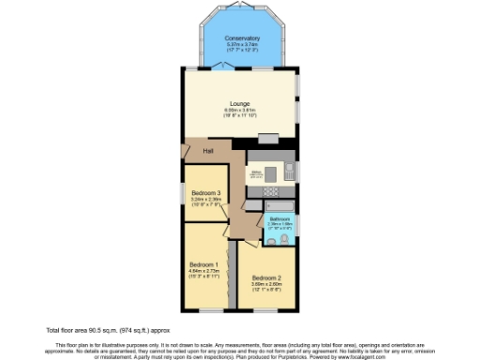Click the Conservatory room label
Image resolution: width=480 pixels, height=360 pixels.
pos(241,38)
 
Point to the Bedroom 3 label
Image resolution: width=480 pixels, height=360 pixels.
pos(203,193)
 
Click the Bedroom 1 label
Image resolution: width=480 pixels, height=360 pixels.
pos(203,264)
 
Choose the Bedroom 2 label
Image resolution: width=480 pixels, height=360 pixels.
pos(266,277)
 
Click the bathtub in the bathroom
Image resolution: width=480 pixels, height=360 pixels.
pos(280,205)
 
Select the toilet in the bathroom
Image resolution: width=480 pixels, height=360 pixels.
pos(271,242)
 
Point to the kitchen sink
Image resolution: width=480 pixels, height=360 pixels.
pos(290,171)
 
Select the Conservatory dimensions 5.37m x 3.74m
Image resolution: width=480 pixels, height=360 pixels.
pos(241,44)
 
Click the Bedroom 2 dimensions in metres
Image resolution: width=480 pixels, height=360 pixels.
pos(266,284)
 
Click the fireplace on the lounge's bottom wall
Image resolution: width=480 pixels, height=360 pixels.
pos(268,139)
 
